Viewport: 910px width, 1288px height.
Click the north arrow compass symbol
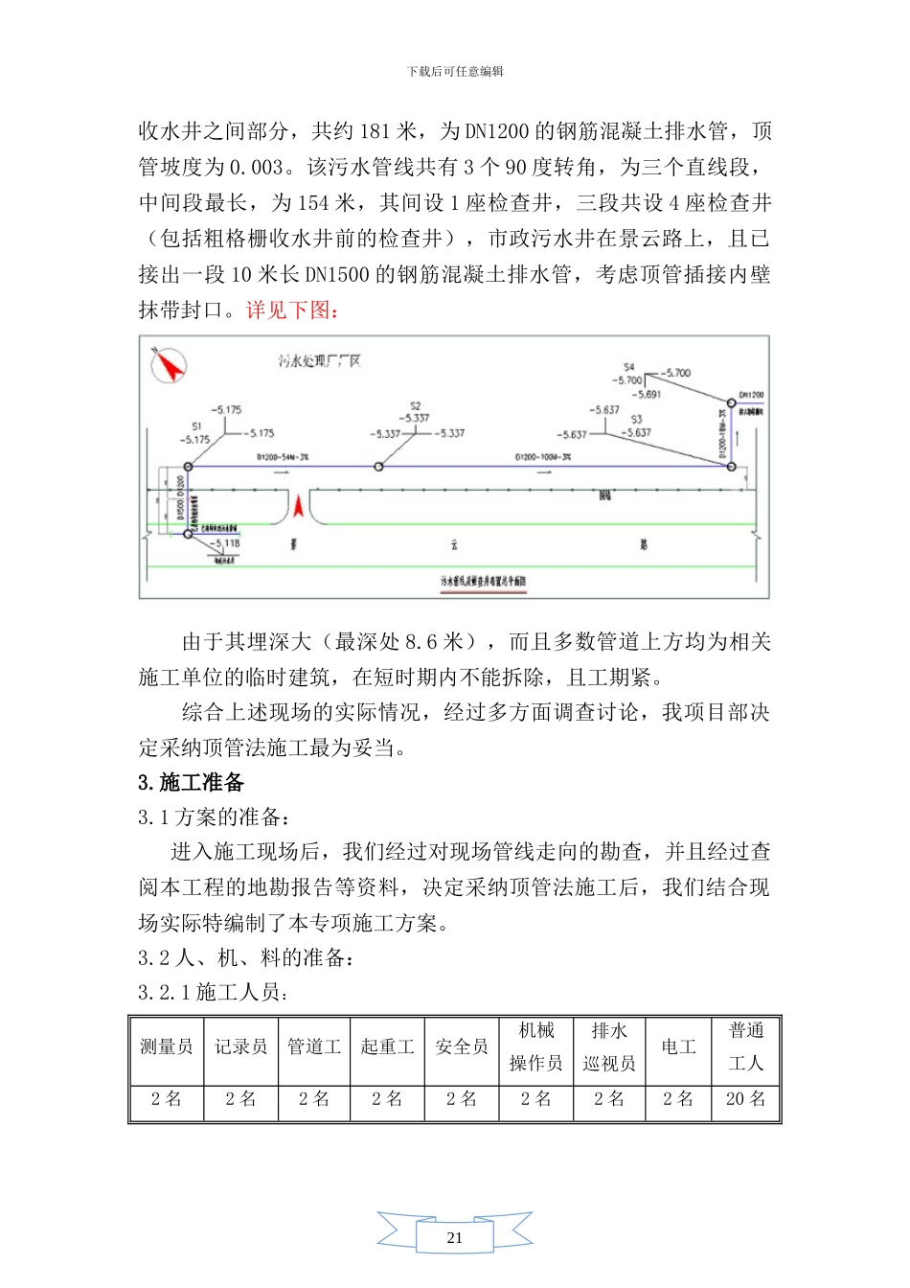170,365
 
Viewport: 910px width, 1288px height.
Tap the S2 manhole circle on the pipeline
379,467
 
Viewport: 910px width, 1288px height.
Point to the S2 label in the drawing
415,406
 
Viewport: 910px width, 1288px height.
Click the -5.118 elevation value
227,543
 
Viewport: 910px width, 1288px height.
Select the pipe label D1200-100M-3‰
543,457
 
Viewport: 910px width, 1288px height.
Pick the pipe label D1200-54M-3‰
283,457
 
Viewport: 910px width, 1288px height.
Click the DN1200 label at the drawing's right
751,395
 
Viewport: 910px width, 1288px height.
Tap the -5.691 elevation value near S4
647,394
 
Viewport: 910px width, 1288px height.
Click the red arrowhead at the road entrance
300,505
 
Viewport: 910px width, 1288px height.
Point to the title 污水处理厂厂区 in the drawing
320,361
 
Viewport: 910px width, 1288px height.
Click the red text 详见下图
291,310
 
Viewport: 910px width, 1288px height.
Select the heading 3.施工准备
191,783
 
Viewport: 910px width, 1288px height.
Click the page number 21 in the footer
455,1237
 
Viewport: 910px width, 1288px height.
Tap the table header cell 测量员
167,1047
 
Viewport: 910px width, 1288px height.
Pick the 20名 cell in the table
746,1099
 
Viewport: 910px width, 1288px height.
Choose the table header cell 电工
678,1047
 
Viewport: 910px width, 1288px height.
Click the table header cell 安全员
462,1047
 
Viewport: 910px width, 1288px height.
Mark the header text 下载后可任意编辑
455,72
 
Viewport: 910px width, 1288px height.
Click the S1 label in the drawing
196,426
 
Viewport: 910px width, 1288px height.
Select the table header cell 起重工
387,1047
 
